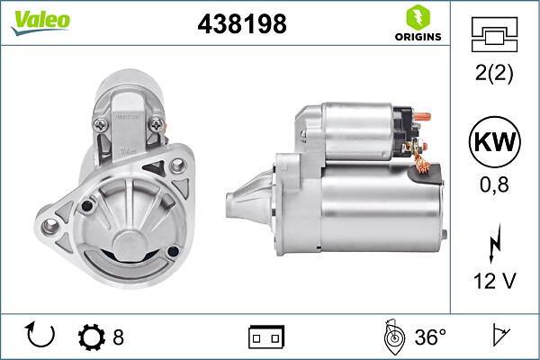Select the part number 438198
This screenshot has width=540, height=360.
241,25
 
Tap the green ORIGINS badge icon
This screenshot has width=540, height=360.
415,17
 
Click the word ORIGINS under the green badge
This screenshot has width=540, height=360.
416,38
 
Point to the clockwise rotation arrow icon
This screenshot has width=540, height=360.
41,337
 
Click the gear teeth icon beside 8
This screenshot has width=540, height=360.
91,337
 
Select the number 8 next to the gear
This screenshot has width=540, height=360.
118,337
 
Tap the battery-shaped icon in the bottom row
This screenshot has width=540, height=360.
265,337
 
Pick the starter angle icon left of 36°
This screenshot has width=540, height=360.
393,337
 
